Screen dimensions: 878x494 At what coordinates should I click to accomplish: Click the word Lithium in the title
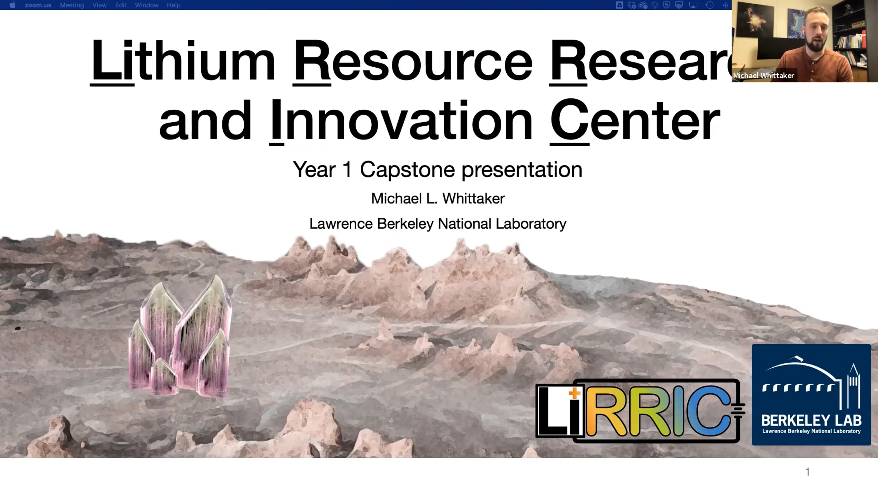[183, 61]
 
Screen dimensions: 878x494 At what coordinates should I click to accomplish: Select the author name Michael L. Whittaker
[438, 199]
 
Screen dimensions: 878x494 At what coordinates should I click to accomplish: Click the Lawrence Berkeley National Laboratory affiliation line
[438, 224]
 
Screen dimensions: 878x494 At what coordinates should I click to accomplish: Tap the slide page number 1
[808, 472]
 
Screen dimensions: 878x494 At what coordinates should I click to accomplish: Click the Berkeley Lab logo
[811, 394]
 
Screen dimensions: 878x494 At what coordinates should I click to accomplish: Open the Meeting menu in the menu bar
[72, 5]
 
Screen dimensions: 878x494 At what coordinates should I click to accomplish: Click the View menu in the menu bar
[100, 5]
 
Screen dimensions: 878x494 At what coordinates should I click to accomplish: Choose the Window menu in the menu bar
[147, 5]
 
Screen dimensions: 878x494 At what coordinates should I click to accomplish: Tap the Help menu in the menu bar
[174, 5]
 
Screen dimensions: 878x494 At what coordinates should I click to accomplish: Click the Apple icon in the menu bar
[12, 5]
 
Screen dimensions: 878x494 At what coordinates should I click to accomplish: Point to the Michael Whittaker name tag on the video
[764, 75]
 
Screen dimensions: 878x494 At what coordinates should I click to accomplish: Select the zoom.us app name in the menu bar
[38, 5]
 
